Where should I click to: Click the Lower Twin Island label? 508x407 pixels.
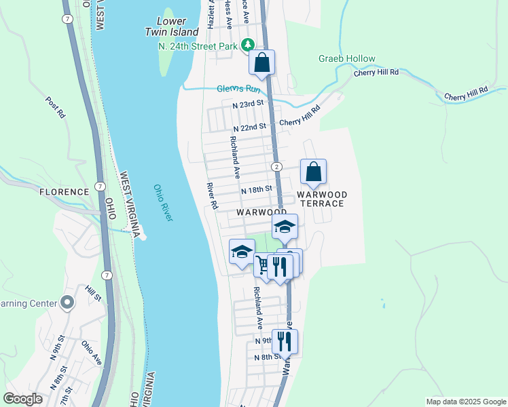(x=172, y=26)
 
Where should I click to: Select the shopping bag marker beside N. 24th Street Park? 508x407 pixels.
(x=262, y=63)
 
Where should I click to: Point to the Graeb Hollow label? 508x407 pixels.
(x=346, y=59)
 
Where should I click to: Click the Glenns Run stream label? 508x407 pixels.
(x=238, y=89)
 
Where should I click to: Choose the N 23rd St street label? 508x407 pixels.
(x=247, y=104)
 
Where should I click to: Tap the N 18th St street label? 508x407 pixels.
(x=257, y=190)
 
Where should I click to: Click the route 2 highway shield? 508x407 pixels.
(x=276, y=167)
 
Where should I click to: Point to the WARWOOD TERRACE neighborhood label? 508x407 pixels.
(x=322, y=199)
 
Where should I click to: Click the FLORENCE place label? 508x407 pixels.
(x=65, y=192)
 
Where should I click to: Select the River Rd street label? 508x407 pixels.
(x=213, y=195)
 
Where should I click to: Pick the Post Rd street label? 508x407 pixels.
(x=55, y=107)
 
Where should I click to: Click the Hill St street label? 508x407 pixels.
(x=92, y=292)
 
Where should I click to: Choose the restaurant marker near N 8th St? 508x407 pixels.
(x=285, y=342)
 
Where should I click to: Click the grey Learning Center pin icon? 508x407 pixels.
(x=67, y=303)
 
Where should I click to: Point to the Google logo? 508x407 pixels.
(x=23, y=399)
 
